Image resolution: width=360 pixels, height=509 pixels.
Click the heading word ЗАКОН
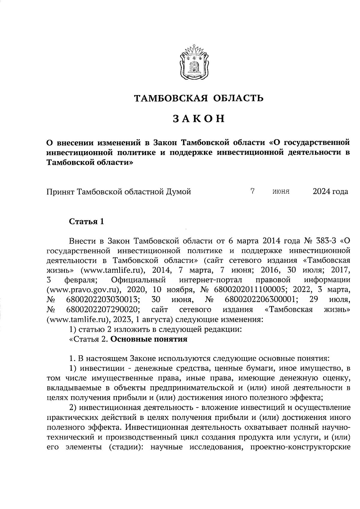tap(199, 119)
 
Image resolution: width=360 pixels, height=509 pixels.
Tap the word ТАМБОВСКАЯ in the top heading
tap(171, 98)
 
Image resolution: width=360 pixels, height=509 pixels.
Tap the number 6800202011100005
tap(249, 290)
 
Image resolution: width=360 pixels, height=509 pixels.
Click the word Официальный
tap(138, 280)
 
